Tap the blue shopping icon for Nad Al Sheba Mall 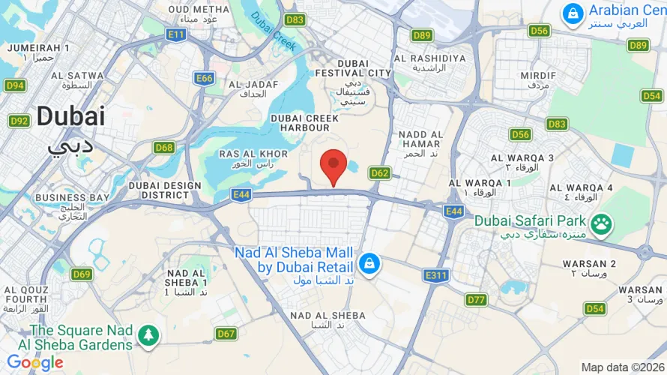click(369, 263)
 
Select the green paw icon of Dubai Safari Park click(600, 223)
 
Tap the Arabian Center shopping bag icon click(573, 13)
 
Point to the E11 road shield click(177, 34)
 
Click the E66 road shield click(204, 78)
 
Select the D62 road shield click(380, 173)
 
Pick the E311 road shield click(436, 275)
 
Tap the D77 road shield click(476, 300)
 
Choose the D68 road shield click(165, 148)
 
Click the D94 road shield click(15, 85)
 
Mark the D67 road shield click(226, 334)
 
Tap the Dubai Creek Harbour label click(304, 123)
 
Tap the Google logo click(34, 363)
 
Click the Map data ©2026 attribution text click(621, 367)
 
